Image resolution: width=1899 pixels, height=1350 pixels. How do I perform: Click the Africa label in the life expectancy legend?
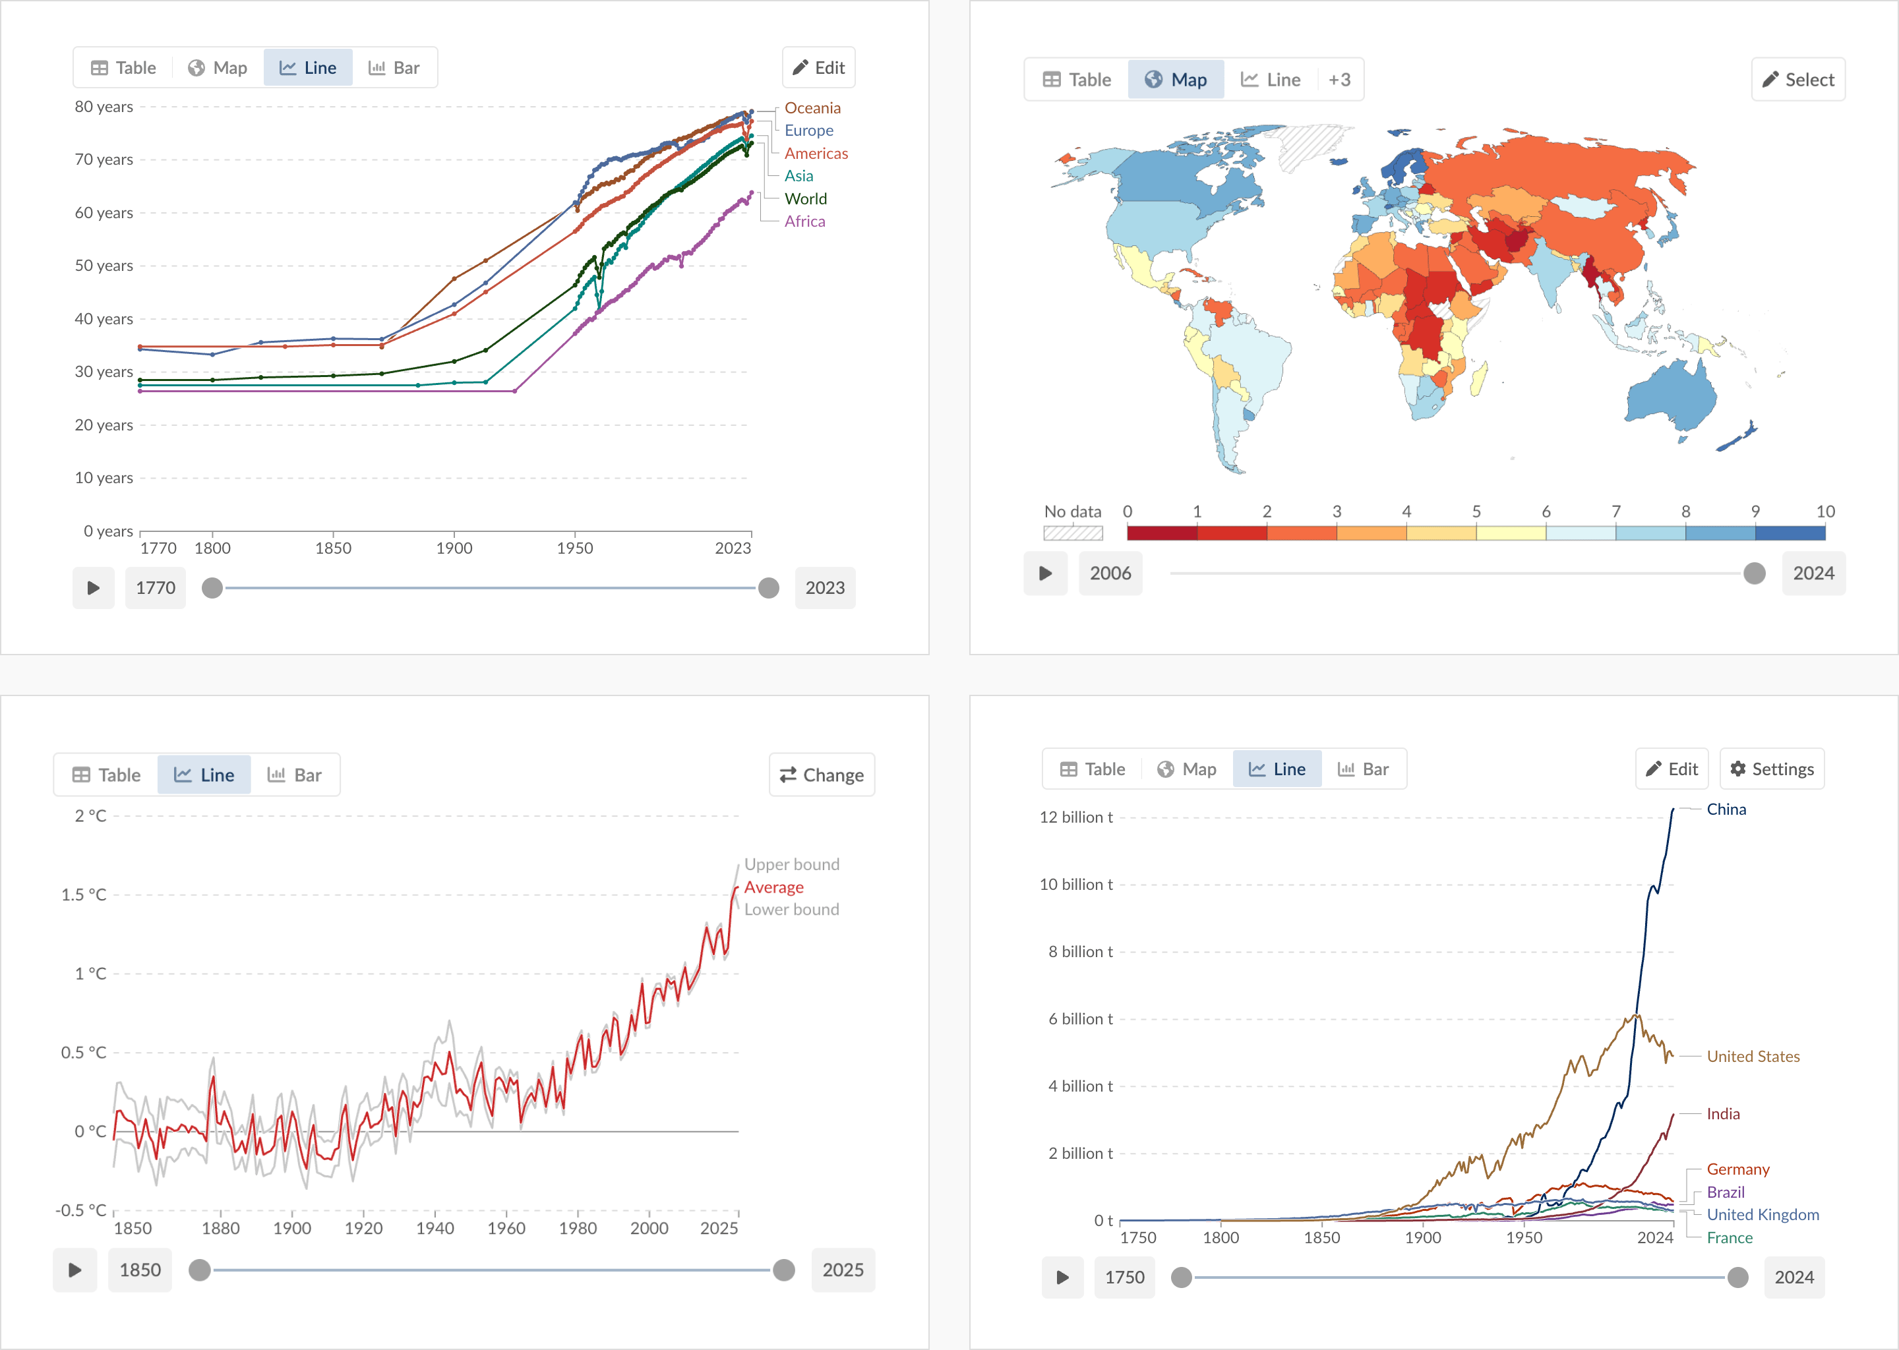804,221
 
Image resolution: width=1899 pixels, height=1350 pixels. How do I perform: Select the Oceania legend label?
812,108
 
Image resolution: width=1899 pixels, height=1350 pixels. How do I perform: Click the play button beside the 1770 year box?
93,588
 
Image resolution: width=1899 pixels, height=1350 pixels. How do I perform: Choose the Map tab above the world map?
1175,80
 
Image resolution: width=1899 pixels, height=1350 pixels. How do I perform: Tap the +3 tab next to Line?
1339,80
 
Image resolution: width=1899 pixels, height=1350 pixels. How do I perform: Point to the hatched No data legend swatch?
1073,533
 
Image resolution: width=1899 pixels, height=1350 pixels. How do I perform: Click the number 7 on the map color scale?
1615,512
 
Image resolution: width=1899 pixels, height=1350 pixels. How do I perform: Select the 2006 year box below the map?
1110,573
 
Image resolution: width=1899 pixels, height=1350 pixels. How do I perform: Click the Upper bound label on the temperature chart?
791,865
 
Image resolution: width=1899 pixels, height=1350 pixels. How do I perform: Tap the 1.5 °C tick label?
83,895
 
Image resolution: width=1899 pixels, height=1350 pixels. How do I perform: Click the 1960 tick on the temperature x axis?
506,1228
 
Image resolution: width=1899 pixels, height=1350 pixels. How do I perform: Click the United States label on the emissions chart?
1752,1057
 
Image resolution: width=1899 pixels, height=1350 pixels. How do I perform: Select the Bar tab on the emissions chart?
1363,769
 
